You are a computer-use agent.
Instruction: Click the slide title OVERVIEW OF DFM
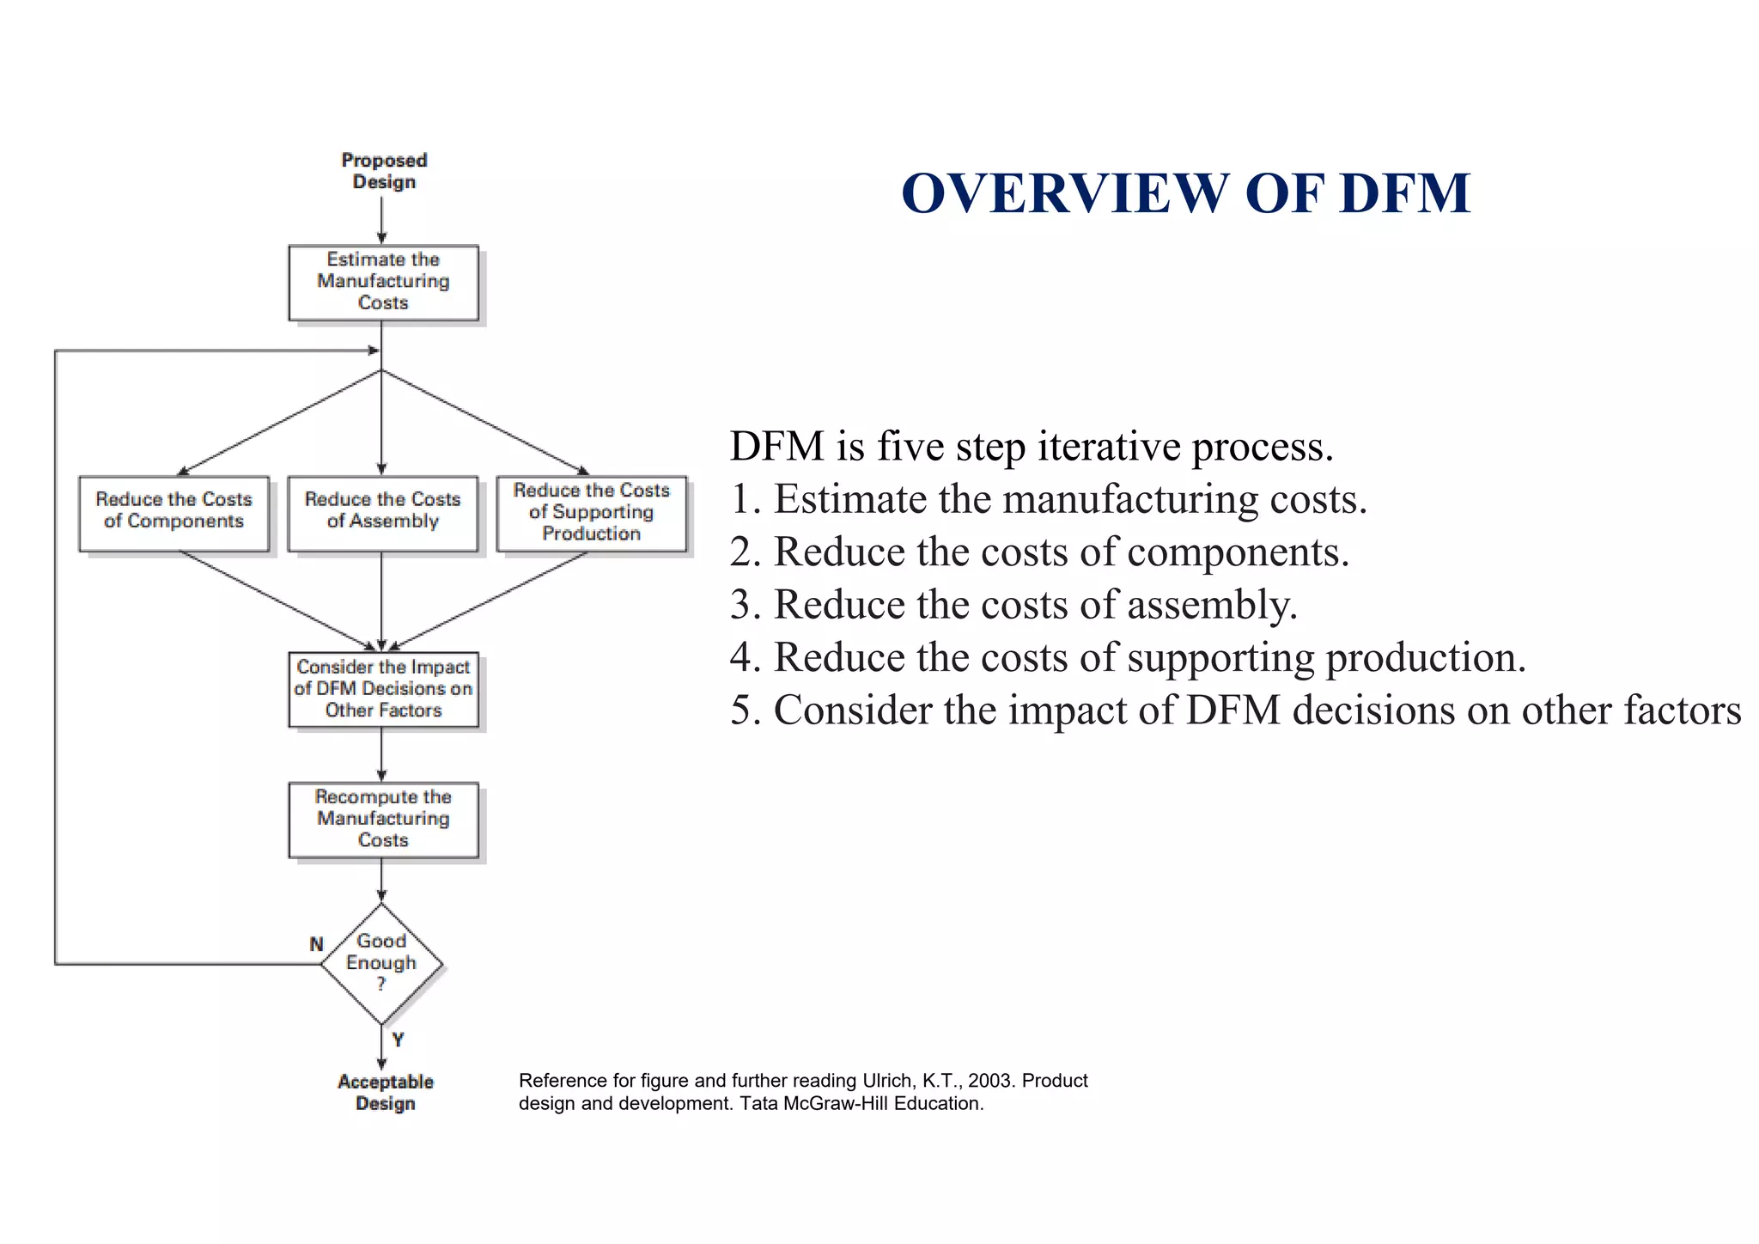(x=1185, y=193)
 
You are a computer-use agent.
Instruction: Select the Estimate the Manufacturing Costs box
(x=383, y=282)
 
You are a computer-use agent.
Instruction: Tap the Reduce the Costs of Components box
(x=173, y=513)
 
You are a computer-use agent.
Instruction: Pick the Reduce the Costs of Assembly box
(x=382, y=513)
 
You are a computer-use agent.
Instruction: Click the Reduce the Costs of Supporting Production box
(x=591, y=513)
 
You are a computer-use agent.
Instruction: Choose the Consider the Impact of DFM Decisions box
(x=383, y=689)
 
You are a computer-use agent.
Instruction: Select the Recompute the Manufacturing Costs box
(x=383, y=819)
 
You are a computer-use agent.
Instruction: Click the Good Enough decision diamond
(x=381, y=963)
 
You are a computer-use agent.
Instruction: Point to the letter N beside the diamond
(x=316, y=944)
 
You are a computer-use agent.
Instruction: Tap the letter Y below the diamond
(x=398, y=1040)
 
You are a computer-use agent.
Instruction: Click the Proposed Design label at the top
(x=384, y=171)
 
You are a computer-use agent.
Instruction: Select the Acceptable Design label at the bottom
(x=386, y=1092)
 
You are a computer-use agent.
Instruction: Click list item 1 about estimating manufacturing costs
(x=1048, y=499)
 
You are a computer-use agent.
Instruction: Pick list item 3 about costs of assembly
(x=1013, y=605)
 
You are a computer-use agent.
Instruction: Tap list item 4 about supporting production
(x=1128, y=657)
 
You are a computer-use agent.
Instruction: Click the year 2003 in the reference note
(x=991, y=1081)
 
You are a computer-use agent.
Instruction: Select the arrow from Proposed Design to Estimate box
(x=381, y=220)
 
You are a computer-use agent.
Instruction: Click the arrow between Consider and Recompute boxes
(x=381, y=754)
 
